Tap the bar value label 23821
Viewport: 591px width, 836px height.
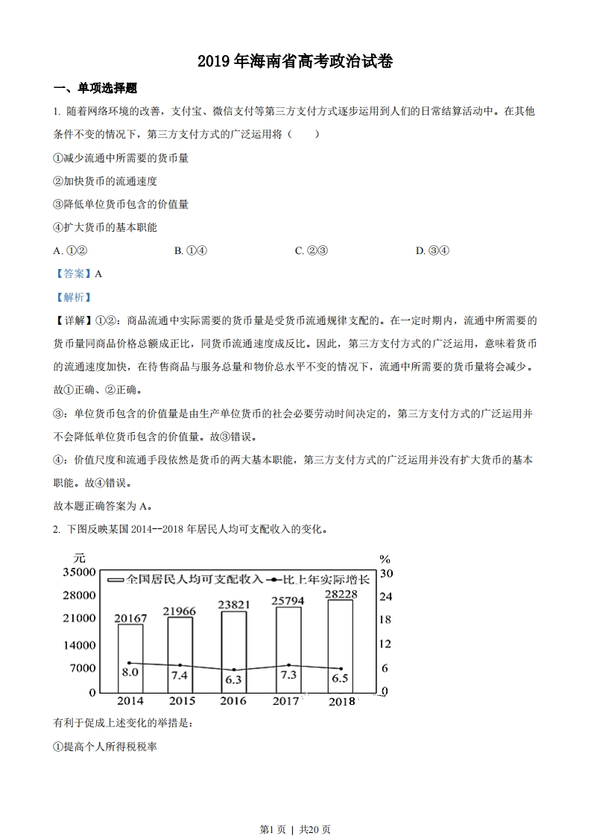[234, 605]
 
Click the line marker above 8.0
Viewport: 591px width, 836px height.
[130, 662]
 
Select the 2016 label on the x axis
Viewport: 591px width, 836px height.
[233, 701]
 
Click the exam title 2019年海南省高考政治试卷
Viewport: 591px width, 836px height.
[295, 62]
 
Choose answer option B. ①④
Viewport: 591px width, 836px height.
[190, 250]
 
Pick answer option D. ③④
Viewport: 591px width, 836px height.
[432, 250]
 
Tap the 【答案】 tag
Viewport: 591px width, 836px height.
[72, 273]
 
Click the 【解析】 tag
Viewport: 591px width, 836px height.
[72, 297]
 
